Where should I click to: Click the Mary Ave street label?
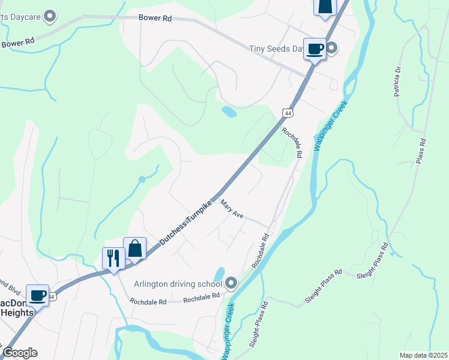point(232,210)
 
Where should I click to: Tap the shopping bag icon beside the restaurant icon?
point(135,248)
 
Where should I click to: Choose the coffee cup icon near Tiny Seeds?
point(315,49)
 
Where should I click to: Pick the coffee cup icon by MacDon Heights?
point(38,295)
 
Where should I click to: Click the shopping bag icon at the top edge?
point(325,7)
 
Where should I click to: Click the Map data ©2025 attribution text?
point(423,355)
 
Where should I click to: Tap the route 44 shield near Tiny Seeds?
point(289,113)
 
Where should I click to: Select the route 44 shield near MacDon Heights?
point(52,296)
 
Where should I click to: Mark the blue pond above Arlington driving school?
point(219,273)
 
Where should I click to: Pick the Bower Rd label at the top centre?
point(155,19)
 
